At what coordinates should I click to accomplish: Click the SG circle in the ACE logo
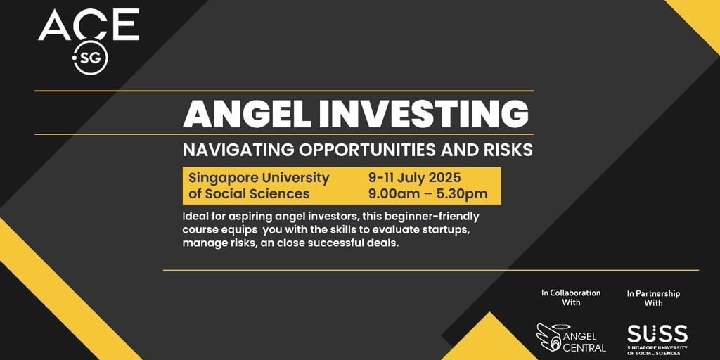[91, 58]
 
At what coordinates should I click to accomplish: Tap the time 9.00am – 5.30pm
[428, 194]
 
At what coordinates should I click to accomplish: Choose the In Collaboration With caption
[571, 297]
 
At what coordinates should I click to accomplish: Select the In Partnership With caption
[653, 298]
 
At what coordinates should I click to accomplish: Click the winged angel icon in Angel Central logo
[548, 337]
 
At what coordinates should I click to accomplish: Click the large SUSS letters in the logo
[657, 333]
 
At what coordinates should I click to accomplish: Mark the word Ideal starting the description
[194, 215]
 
